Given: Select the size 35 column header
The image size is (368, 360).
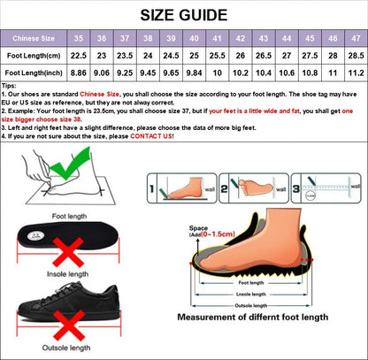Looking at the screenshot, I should coord(80,39).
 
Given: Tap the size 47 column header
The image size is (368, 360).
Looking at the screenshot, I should coord(355,39).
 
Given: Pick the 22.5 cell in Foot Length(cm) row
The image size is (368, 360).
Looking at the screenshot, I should coord(80,56).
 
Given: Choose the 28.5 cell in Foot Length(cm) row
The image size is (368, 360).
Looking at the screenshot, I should coord(355,56).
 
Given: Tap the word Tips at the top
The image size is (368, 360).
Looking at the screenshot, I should coord(9,86).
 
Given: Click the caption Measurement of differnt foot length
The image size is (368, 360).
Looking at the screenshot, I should coord(252,317).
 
